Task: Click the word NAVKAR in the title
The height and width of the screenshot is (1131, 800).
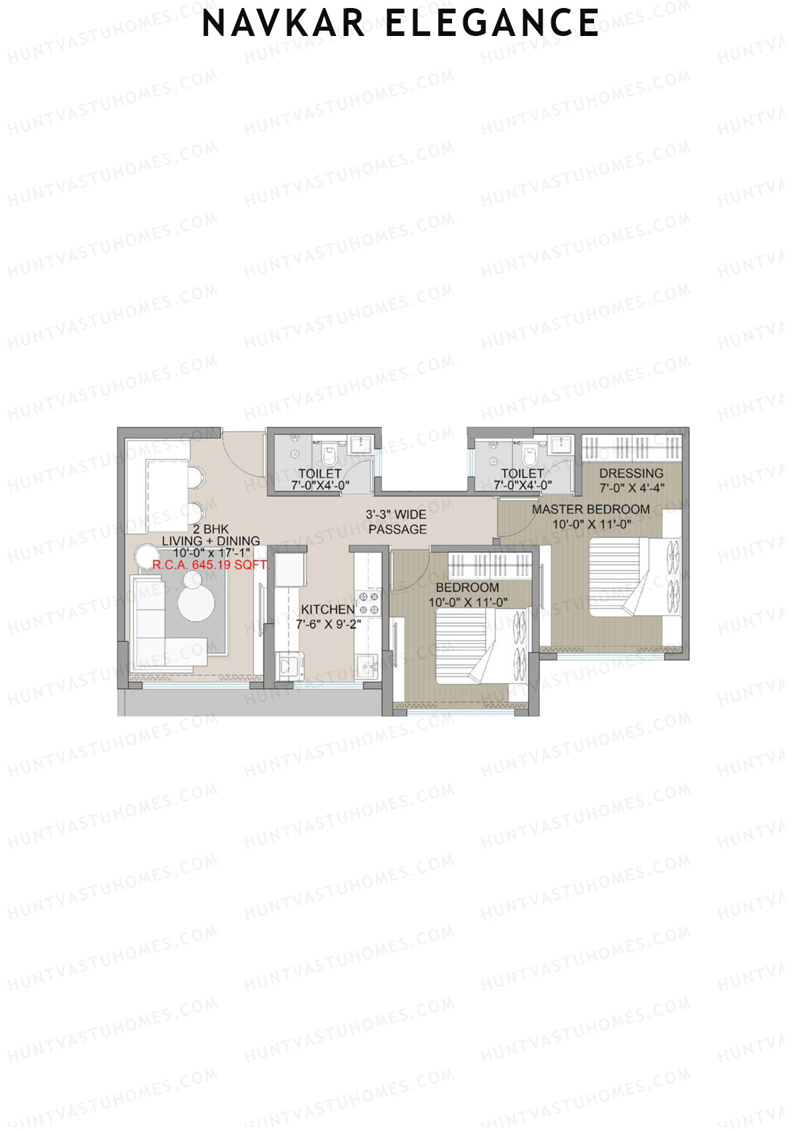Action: point(283,23)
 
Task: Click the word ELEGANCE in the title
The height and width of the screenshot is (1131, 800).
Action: point(492,23)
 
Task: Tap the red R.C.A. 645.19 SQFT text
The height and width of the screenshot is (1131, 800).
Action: point(209,565)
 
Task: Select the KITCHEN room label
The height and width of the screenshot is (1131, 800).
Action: point(327,609)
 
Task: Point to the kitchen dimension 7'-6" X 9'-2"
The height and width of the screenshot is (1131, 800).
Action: point(329,624)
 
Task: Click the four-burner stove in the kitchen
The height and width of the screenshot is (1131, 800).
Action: point(369,603)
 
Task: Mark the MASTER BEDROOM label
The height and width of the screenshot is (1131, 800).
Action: point(591,509)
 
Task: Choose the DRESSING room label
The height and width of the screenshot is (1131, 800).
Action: point(631,473)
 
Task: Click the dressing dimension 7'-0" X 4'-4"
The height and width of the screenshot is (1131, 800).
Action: point(631,488)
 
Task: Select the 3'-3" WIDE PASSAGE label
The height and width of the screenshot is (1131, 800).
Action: point(397,522)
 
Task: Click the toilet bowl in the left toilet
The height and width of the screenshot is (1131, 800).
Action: point(328,456)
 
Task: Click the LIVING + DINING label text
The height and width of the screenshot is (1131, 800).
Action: point(211,541)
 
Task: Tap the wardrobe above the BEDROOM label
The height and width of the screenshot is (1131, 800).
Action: point(490,565)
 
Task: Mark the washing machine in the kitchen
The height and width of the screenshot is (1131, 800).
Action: point(289,666)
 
